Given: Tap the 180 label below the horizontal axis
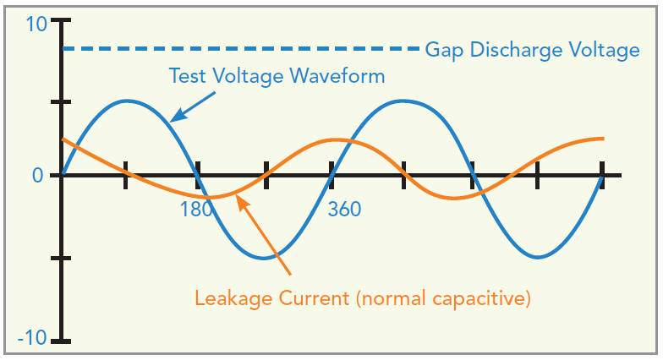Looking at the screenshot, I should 196,209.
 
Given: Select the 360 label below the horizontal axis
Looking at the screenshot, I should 344,209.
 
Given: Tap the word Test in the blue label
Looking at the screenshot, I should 188,76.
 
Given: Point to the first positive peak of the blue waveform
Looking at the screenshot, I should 128,101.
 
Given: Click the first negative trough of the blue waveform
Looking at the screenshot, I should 266,257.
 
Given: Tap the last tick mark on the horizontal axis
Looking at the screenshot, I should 601,175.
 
